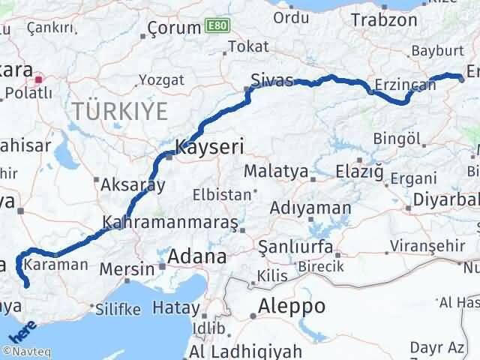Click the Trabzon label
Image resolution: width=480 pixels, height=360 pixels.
click(383, 20)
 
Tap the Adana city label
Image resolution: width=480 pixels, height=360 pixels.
click(196, 256)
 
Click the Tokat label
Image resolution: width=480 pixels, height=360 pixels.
click(247, 46)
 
